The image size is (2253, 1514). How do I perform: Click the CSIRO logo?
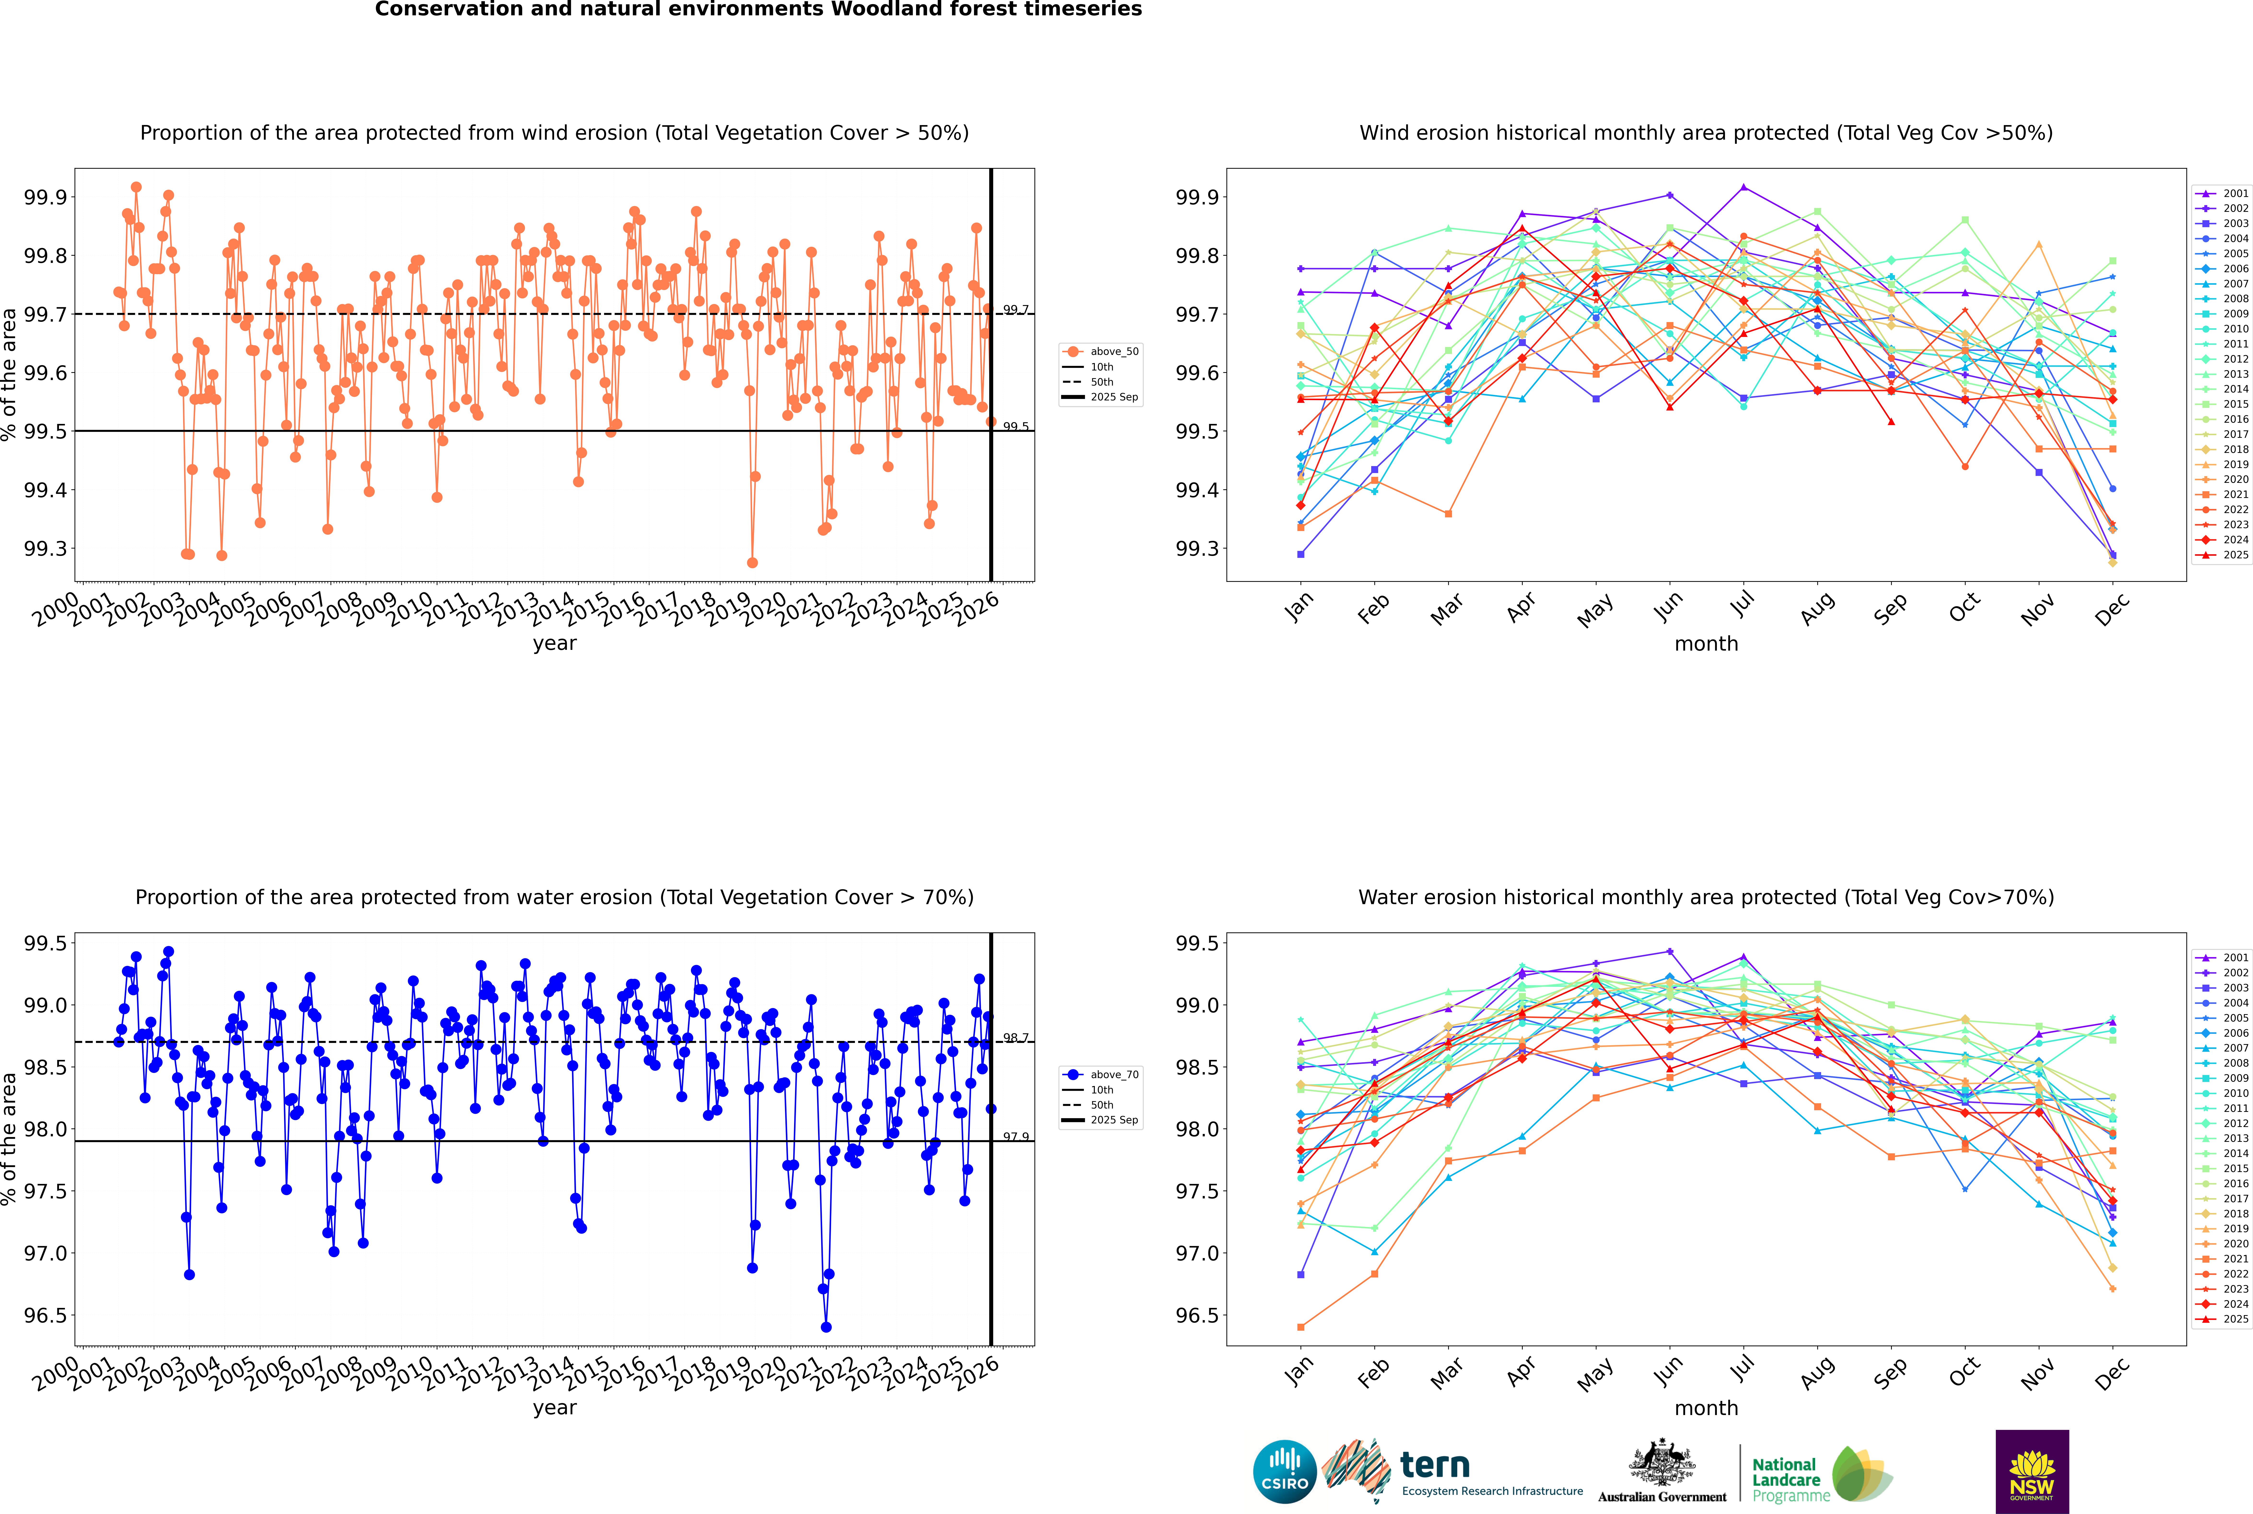click(1284, 1472)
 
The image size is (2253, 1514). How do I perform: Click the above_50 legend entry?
click(1114, 352)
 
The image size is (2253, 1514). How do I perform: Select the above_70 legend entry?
click(1114, 1075)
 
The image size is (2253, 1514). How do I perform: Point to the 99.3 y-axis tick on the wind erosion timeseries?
click(45, 549)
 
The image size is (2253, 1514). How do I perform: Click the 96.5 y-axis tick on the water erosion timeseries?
click(45, 1315)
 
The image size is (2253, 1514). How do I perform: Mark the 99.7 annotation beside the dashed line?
click(1015, 310)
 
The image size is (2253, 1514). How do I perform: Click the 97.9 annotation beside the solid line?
click(1015, 1137)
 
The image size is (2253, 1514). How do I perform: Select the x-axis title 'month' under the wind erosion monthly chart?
click(1705, 644)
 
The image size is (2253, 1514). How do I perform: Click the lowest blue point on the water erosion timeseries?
click(826, 1327)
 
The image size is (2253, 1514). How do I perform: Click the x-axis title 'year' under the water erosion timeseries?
click(554, 1408)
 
